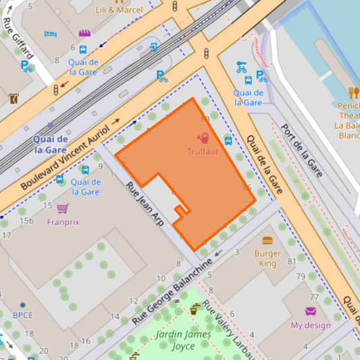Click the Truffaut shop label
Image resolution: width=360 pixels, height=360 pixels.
(203, 152)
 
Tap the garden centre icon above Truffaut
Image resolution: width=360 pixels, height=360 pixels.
(203, 138)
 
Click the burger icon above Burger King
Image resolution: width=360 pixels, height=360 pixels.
(267, 240)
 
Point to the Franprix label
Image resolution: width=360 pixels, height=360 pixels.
(63, 221)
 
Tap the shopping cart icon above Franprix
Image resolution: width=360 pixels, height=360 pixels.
(63, 208)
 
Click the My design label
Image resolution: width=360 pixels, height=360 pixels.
(311, 325)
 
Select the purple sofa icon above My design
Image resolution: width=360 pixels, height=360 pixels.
(311, 311)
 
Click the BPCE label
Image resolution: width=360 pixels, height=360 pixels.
(22, 315)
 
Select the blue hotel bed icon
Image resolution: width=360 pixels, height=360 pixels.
(50, 34)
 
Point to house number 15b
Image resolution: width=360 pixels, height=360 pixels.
(26, 221)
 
